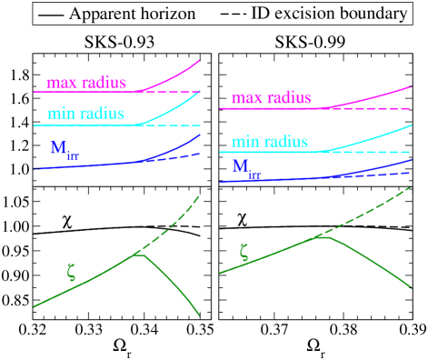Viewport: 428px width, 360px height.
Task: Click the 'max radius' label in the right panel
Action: pos(271,97)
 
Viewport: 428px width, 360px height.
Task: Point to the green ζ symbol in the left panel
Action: pos(72,270)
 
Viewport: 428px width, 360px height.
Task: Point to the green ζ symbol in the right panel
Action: pos(243,252)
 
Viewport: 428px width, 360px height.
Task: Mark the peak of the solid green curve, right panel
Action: pos(321,236)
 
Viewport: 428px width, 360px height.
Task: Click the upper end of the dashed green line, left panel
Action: pos(199,195)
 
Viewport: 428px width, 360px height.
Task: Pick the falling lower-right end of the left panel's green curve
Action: pos(199,315)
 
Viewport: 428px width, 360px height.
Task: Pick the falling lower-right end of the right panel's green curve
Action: pos(412,288)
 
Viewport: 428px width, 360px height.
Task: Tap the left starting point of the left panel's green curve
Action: pos(35,306)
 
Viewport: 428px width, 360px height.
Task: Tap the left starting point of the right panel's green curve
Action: pos(220,273)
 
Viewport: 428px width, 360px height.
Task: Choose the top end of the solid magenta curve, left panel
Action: pos(199,60)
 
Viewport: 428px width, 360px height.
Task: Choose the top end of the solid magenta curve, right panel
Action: pos(412,86)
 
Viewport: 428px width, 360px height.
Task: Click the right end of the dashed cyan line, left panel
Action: pos(199,125)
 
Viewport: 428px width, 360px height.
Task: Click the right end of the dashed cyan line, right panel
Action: pos(412,152)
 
